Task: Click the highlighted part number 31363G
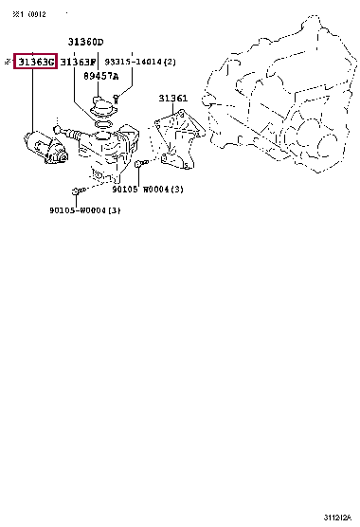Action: (x=36, y=62)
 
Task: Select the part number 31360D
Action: (x=85, y=43)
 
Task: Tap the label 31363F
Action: (x=79, y=62)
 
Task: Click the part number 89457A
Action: (x=101, y=76)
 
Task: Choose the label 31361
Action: (x=173, y=98)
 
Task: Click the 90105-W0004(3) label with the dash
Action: (x=85, y=210)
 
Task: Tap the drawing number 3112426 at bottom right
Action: (x=336, y=517)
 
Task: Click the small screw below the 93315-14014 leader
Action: (x=115, y=97)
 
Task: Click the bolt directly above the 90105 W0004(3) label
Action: (x=140, y=166)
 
